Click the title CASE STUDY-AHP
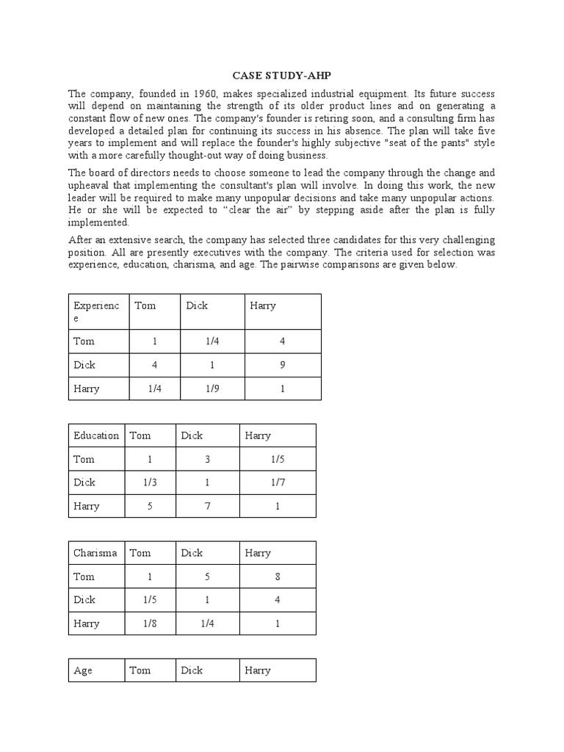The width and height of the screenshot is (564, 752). (x=282, y=76)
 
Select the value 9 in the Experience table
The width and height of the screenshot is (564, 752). (x=283, y=365)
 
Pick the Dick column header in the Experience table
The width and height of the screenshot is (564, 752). (x=197, y=305)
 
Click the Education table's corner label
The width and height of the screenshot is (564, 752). (x=95, y=435)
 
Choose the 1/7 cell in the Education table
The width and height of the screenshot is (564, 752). (x=278, y=482)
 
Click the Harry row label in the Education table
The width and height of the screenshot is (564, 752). (x=86, y=506)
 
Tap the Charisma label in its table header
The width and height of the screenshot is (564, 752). (x=95, y=553)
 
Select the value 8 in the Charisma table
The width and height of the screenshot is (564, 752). (x=278, y=576)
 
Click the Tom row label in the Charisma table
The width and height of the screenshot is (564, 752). (x=84, y=576)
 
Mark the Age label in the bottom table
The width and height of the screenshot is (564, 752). (x=83, y=670)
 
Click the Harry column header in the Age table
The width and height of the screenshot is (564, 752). (x=258, y=670)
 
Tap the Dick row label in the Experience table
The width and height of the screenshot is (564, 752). (x=84, y=365)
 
